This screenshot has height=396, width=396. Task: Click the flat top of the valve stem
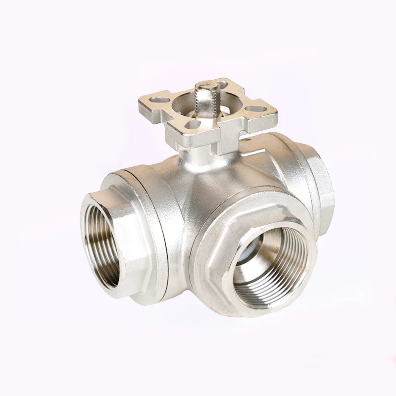coord(204,86)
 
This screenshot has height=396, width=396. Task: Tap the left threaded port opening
coord(101,243)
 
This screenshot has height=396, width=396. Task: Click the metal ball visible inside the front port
coord(257,247)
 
